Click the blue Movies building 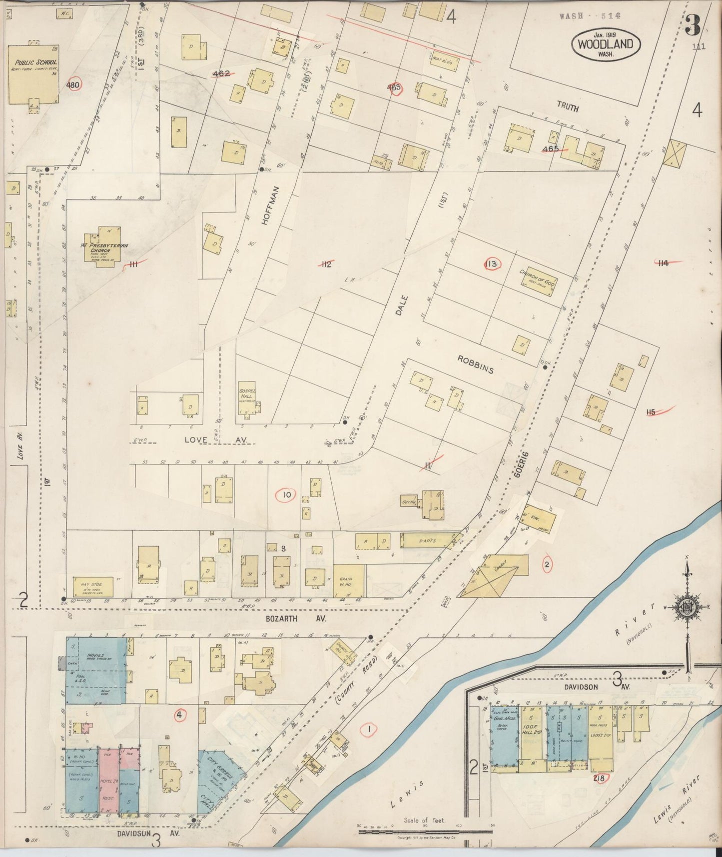point(96,670)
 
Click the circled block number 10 point(286,495)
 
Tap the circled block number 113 point(492,263)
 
